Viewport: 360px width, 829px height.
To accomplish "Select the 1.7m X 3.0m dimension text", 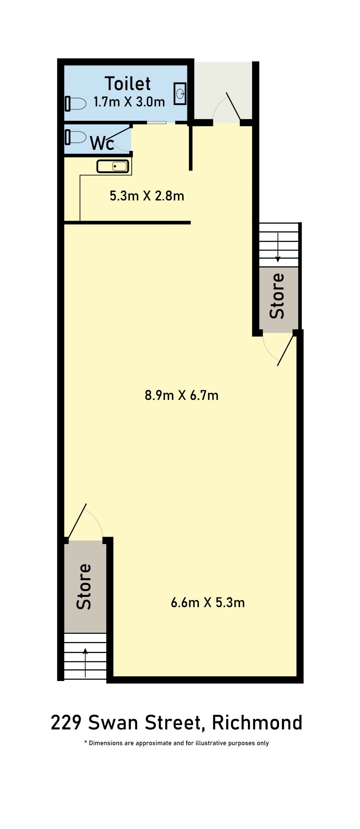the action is coord(129,102).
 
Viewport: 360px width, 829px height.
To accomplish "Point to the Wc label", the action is coord(102,143).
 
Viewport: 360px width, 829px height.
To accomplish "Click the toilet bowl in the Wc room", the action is coord(76,137).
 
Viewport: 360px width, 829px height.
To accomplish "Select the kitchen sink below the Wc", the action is coord(113,166).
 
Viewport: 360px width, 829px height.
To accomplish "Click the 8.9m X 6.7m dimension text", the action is coord(182,395).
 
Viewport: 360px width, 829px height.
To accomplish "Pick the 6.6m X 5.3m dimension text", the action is coord(208,602).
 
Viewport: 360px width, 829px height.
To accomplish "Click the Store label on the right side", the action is coord(277,296).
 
